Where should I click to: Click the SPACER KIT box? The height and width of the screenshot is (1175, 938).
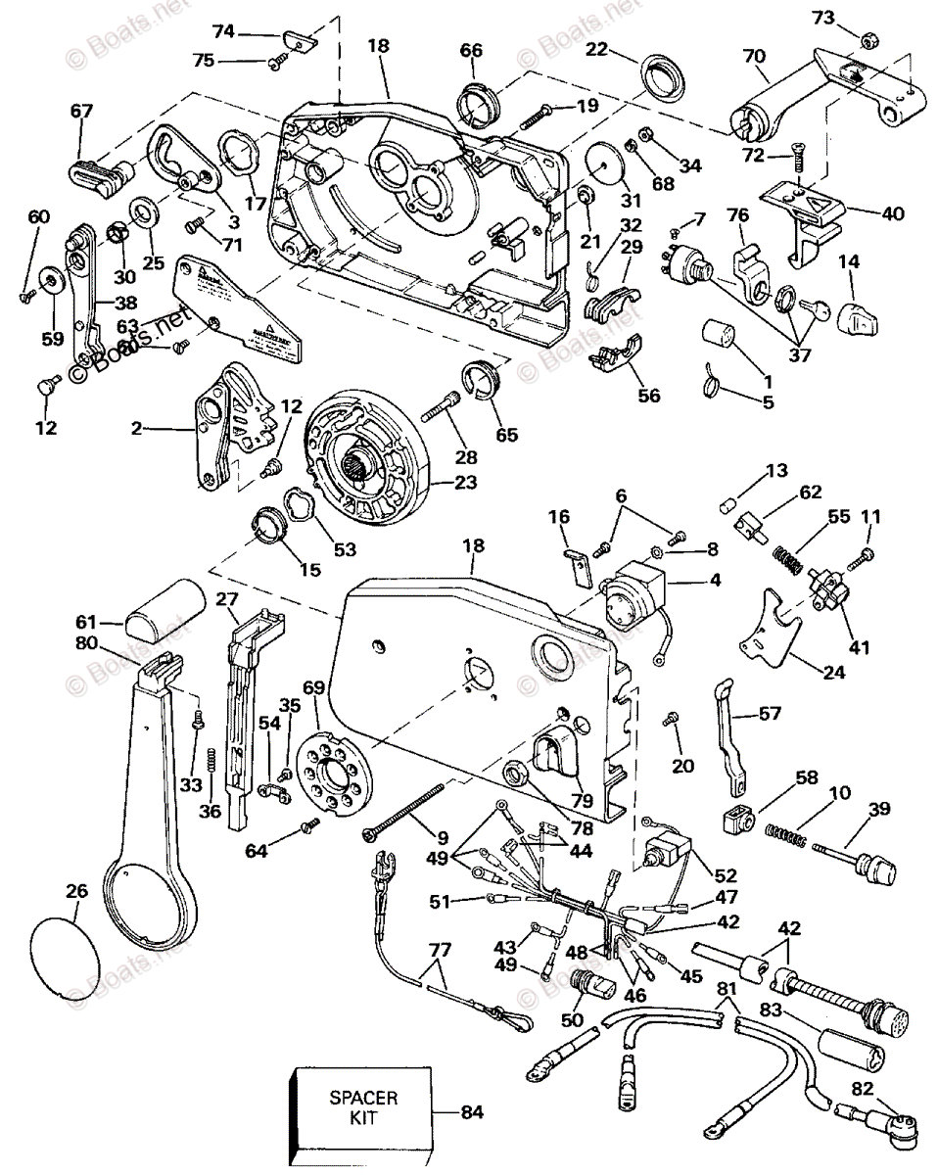pyautogui.click(x=361, y=1112)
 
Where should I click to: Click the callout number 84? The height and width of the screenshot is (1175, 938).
pyautogui.click(x=474, y=1112)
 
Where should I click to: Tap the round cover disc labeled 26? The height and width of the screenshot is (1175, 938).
pyautogui.click(x=67, y=944)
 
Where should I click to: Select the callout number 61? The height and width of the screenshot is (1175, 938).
pyautogui.click(x=87, y=622)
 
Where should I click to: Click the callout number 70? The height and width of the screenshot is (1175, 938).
pyautogui.click(x=754, y=56)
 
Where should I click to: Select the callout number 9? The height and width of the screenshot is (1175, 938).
pyautogui.click(x=443, y=838)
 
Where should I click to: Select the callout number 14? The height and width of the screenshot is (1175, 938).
pyautogui.click(x=849, y=262)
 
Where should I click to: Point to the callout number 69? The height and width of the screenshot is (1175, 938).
pyautogui.click(x=312, y=690)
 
